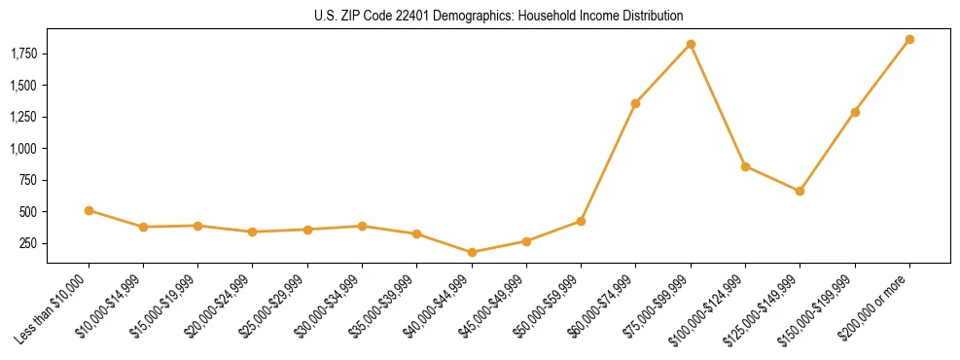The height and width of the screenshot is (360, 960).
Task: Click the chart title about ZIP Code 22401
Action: (x=498, y=17)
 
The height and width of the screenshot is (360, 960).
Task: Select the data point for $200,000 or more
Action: (x=909, y=40)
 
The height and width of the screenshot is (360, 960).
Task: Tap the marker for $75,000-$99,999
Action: (x=691, y=45)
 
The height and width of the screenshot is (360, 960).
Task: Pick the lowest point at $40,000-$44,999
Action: (x=472, y=252)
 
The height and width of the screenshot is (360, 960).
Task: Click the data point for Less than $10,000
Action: (x=89, y=210)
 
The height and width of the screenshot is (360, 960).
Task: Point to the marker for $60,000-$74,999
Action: (x=636, y=103)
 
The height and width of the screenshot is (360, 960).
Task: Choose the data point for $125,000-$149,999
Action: (x=800, y=191)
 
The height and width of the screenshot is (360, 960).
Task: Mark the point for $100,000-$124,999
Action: (x=745, y=166)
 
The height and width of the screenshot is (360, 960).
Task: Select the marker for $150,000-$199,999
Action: (x=855, y=112)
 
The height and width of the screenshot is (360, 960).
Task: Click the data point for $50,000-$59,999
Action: (x=581, y=221)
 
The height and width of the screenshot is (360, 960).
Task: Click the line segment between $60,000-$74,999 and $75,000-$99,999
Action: (x=663, y=74)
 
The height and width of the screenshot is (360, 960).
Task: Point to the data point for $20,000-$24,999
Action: (x=253, y=232)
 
